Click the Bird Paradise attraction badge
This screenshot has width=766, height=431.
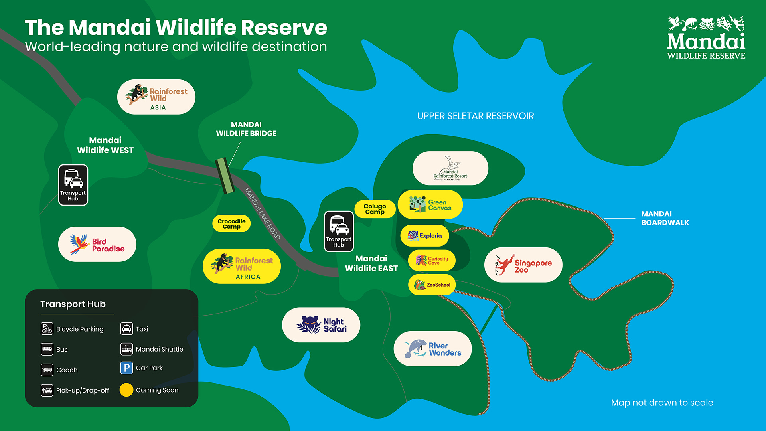(x=97, y=244)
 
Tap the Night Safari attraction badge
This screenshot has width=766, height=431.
(x=321, y=325)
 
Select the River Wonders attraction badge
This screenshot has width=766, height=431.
(x=432, y=349)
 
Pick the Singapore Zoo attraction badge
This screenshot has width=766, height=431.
(x=523, y=265)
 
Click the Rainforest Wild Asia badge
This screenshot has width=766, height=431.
(x=156, y=97)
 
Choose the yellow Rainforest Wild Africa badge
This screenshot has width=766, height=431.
(x=242, y=266)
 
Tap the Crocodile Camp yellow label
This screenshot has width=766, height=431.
(x=231, y=223)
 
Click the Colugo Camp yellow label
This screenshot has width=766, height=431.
(x=375, y=209)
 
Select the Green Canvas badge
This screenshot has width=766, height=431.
(x=430, y=205)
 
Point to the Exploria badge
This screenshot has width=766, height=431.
(x=424, y=235)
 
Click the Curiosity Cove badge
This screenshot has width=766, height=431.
(x=432, y=260)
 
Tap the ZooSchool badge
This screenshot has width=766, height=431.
(x=432, y=285)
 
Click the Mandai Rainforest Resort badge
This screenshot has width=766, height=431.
(x=450, y=168)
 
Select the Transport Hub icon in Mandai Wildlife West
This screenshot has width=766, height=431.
(x=73, y=185)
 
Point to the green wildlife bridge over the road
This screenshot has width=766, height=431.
(x=224, y=175)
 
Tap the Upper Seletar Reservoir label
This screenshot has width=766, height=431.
(x=475, y=116)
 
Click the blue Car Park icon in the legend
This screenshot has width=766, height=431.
(x=126, y=368)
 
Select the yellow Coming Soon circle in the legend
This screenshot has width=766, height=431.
(x=126, y=390)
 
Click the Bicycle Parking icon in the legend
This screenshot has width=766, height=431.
(x=47, y=329)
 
